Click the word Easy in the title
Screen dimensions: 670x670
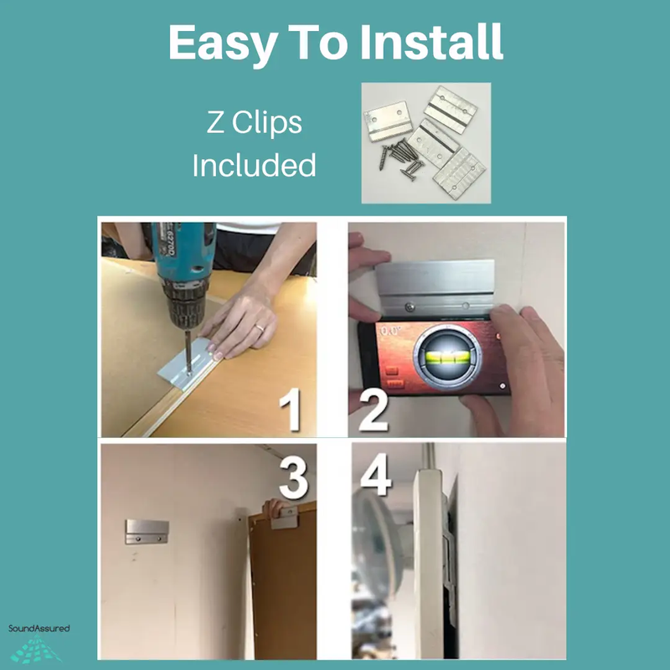pos(222,44)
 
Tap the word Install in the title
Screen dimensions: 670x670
pos(431,41)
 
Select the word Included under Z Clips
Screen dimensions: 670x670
pos(255,165)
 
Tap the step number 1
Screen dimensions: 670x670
pos(291,410)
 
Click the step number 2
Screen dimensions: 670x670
pos(374,410)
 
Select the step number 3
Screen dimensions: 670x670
pos(294,478)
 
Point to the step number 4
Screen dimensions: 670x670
pos(376,474)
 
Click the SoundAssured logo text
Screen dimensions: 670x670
pos(39,628)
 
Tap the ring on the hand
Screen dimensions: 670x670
pos(260,328)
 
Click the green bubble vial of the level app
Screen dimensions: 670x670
pos(447,357)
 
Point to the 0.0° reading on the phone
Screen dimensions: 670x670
pos(390,331)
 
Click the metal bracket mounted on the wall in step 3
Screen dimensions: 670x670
pos(147,532)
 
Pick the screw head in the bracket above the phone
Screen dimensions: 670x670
pos(410,307)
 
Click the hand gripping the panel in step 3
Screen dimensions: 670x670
pos(276,507)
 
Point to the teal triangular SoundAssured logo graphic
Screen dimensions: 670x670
pos(36,648)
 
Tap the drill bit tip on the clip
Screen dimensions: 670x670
pos(189,373)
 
